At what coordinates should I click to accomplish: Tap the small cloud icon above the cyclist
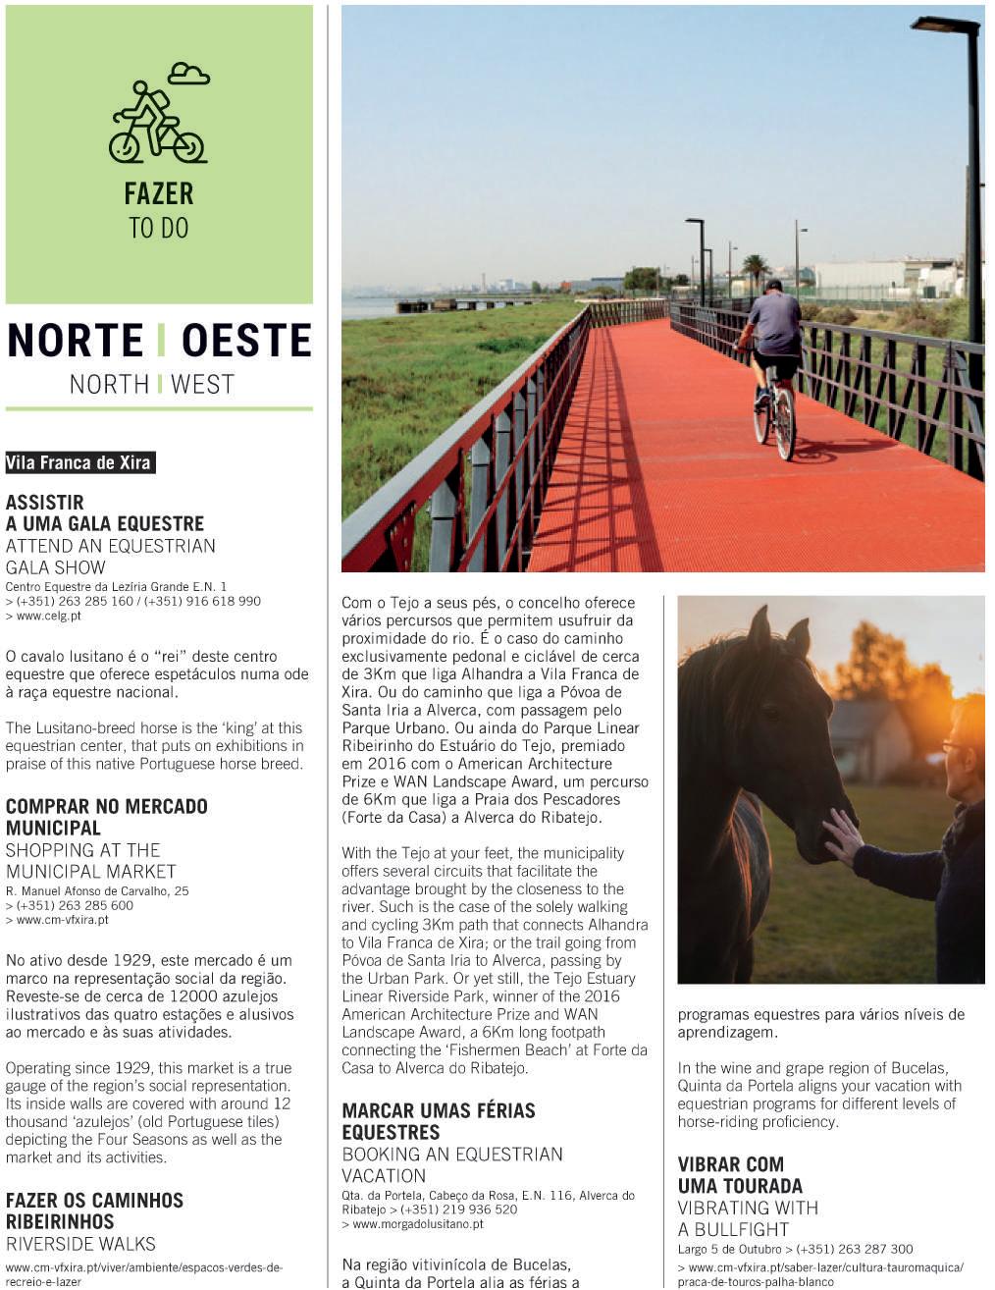188,74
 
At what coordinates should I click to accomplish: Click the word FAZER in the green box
159,193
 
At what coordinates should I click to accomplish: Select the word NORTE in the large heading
76,341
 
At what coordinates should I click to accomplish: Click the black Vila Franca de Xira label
79,462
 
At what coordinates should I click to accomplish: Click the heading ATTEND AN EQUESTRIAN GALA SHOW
110,557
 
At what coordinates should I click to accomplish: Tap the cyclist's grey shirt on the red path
774,325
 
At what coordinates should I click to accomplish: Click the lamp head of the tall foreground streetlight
944,26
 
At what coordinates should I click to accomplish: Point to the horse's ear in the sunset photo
759,627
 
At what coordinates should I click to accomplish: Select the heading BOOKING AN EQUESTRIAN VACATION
451,1164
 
